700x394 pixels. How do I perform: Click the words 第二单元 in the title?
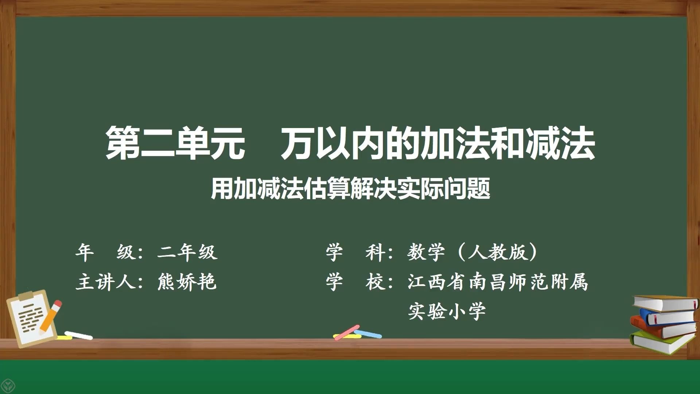point(175,143)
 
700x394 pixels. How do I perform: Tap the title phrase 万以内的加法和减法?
point(438,143)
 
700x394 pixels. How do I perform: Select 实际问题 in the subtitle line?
point(444,189)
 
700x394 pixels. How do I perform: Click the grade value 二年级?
point(187,252)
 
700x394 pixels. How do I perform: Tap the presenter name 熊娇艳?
point(187,282)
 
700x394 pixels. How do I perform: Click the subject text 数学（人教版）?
point(472,252)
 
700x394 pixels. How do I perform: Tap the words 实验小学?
point(447,311)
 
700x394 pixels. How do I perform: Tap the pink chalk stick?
point(347,332)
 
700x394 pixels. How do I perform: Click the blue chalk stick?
point(368,333)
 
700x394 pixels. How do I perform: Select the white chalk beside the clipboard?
point(78,335)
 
